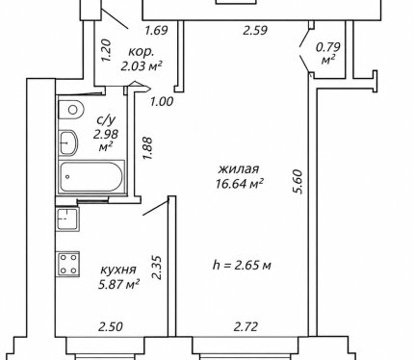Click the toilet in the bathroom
[71, 110]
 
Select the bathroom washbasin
[68, 142]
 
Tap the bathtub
[91, 177]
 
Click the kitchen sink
[67, 219]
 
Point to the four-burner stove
[68, 265]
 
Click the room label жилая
[239, 168]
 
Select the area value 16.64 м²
[240, 184]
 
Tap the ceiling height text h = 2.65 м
[242, 265]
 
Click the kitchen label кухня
[118, 270]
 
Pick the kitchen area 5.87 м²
[118, 284]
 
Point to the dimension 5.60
[298, 181]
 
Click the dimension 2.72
[246, 327]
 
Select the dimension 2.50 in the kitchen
[111, 327]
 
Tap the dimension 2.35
[157, 268]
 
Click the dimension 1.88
[147, 148]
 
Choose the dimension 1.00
[162, 101]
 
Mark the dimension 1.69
[156, 31]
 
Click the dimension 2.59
[255, 31]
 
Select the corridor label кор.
[141, 52]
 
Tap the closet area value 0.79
[328, 47]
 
